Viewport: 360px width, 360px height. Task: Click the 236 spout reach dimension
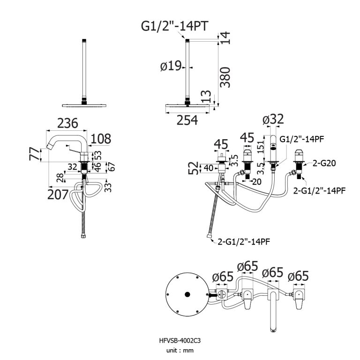[x=67, y=123]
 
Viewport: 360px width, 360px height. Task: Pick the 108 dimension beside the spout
[x=100, y=139]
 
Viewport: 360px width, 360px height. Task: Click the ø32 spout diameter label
[x=273, y=120]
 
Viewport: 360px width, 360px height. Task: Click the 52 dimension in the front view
[x=193, y=168]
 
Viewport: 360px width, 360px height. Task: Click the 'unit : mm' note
[x=180, y=350]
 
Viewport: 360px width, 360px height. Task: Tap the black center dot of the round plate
[x=187, y=294]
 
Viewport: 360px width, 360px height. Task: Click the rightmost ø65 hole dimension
[x=299, y=276]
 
